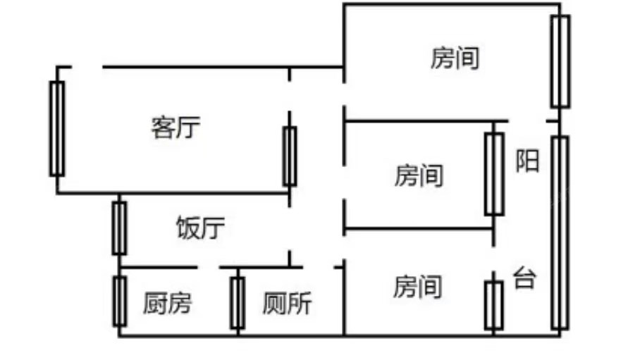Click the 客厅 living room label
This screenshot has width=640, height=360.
176,128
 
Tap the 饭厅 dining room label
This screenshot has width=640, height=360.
200,229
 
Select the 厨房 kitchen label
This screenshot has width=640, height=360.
167,304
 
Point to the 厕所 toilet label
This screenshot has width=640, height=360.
287,304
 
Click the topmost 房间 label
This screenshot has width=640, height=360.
455,58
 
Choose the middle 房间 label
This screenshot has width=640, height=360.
419,175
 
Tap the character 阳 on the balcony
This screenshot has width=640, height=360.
528,161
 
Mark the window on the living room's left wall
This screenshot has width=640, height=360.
57,128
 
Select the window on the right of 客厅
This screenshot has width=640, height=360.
289,156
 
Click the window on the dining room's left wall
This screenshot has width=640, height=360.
120,228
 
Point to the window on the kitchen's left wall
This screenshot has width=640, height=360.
120,301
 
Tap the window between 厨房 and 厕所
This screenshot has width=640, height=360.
238,303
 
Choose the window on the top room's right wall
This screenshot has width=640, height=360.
560,61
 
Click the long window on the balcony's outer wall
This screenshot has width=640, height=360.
560,233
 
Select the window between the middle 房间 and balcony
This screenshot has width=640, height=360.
493,174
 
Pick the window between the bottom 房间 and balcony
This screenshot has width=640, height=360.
493,305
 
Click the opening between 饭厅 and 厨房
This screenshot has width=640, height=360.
208,268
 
